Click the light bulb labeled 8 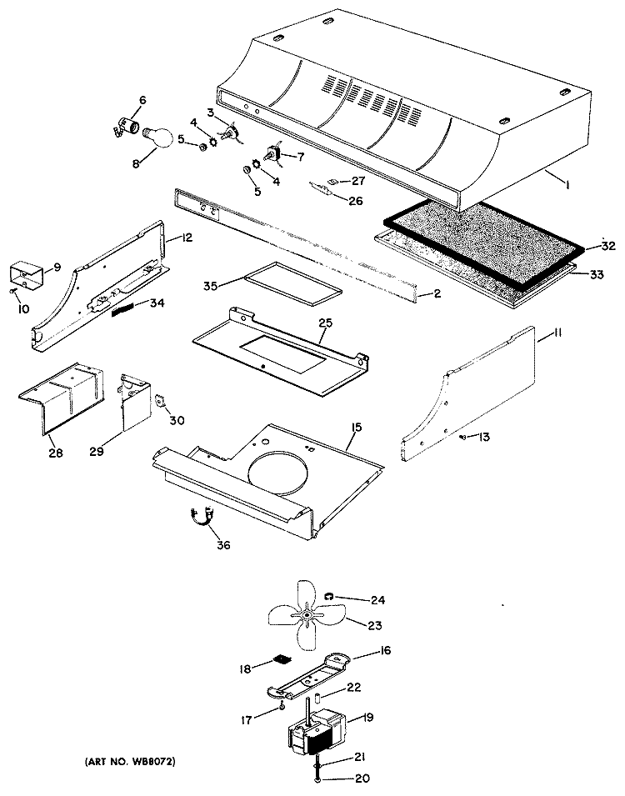click(157, 138)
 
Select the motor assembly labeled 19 click(315, 728)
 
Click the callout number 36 click(223, 545)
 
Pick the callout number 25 click(326, 323)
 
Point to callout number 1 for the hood click(567, 185)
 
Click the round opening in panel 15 click(278, 472)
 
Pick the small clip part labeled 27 click(333, 180)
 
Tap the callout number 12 click(187, 237)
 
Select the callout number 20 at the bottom click(362, 778)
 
